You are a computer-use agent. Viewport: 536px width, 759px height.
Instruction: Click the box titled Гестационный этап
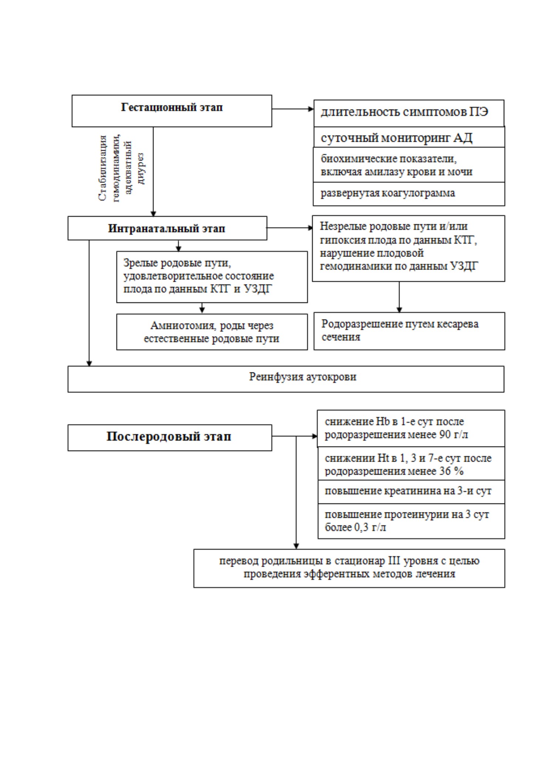[x=172, y=111]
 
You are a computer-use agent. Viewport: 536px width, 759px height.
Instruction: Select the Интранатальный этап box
[x=167, y=228]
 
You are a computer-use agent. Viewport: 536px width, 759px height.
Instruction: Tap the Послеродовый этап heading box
[x=170, y=437]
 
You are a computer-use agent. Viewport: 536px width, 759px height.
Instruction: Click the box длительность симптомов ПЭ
[x=409, y=113]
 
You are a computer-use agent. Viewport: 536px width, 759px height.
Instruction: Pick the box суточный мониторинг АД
[x=409, y=137]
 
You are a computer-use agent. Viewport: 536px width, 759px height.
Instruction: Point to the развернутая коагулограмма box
[x=409, y=194]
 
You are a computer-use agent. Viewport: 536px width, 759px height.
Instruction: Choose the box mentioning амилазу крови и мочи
[x=409, y=165]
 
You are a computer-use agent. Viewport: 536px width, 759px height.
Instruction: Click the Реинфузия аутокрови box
[x=286, y=379]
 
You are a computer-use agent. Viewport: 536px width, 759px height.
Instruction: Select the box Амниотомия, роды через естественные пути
[x=212, y=332]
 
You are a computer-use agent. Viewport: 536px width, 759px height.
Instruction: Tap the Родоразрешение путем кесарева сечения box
[x=409, y=331]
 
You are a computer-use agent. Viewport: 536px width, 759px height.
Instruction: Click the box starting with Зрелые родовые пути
[x=212, y=277]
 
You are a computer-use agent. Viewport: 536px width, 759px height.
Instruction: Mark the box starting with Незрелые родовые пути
[x=408, y=248]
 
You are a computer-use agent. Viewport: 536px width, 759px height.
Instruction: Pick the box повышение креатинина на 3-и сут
[x=411, y=492]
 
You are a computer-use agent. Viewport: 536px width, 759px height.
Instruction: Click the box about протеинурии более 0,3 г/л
[x=411, y=521]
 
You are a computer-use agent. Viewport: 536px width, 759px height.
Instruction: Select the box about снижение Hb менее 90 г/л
[x=411, y=428]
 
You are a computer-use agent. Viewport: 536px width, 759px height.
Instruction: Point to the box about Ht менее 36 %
[x=411, y=464]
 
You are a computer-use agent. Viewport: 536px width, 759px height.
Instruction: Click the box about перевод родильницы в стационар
[x=349, y=568]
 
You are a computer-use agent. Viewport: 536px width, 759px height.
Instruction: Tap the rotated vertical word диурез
[x=141, y=168]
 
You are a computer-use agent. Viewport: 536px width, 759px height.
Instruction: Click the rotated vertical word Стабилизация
[x=103, y=168]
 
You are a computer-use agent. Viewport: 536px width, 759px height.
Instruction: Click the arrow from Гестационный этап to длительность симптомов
[x=293, y=109]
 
